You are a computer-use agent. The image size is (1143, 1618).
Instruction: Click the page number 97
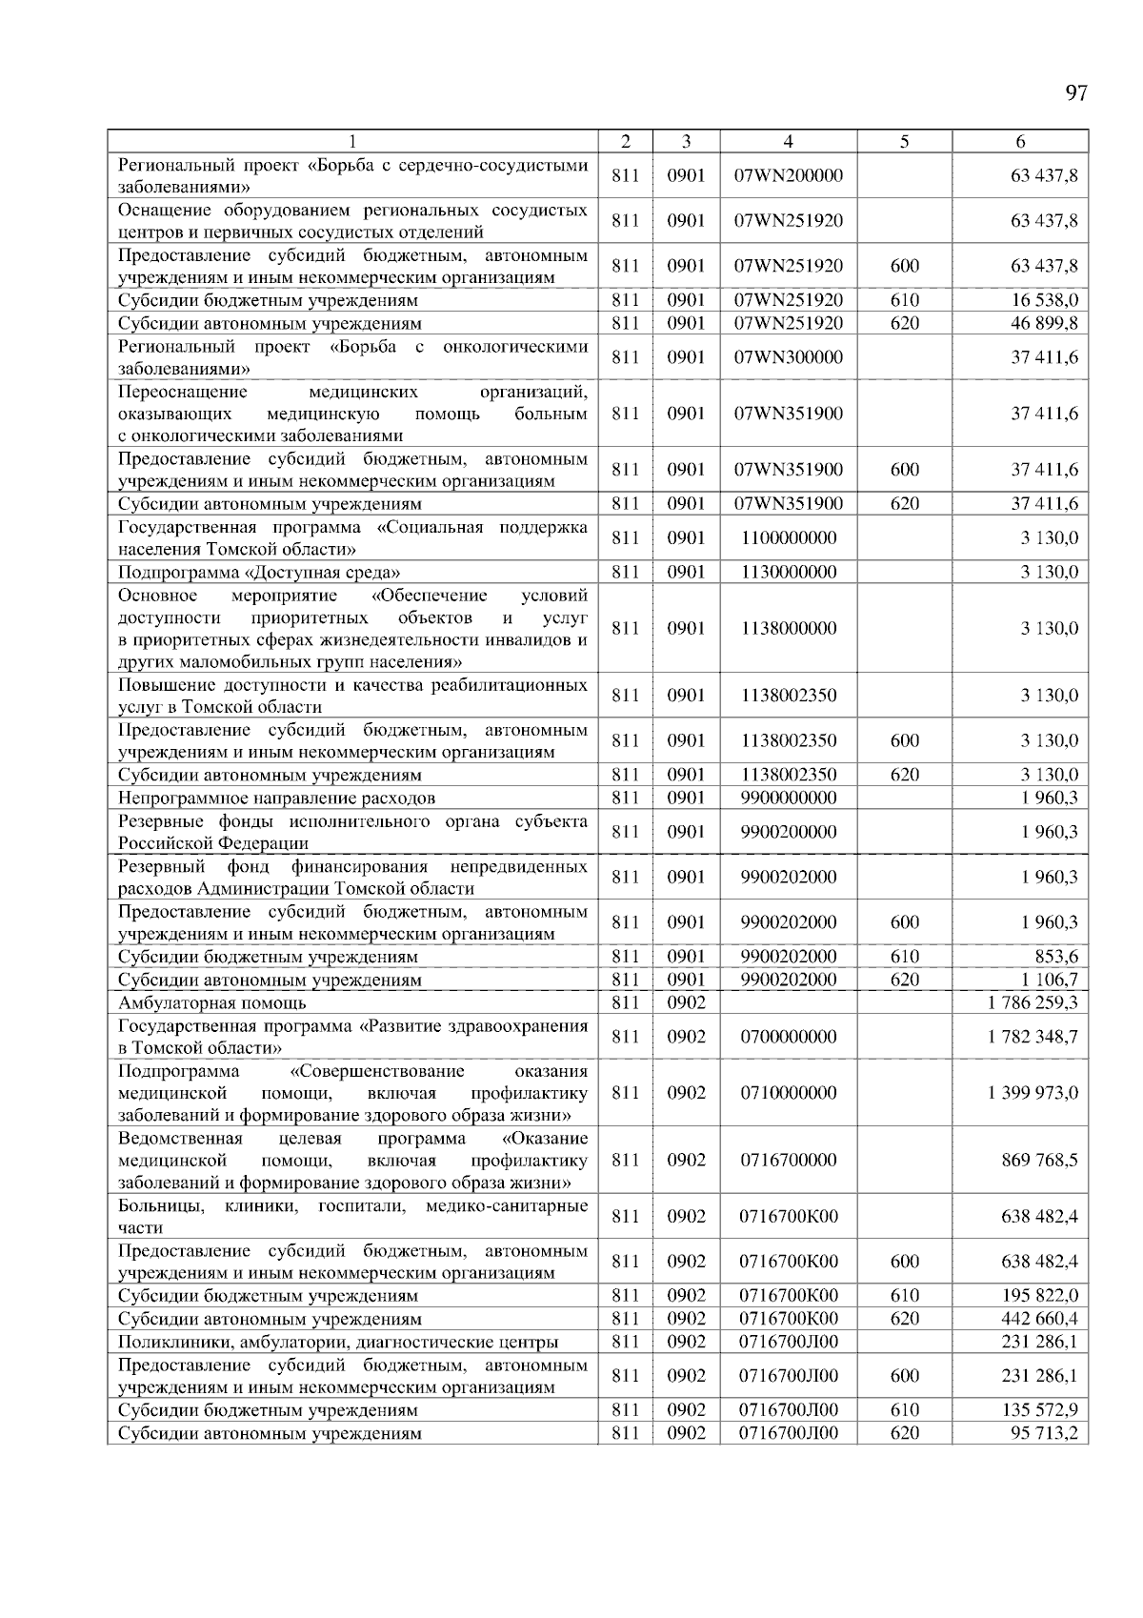click(1075, 93)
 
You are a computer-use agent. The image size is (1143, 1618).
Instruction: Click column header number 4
click(788, 142)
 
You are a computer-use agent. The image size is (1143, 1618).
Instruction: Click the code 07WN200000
click(788, 176)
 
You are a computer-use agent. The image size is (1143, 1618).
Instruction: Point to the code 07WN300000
click(788, 357)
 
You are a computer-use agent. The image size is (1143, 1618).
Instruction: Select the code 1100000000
click(788, 538)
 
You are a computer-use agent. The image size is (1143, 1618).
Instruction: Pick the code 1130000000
click(788, 573)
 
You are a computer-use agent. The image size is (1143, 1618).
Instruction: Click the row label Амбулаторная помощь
click(212, 1002)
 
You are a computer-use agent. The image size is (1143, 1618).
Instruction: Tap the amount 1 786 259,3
click(1033, 1002)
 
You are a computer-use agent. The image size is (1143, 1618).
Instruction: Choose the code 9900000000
click(788, 798)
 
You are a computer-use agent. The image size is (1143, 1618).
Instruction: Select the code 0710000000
click(788, 1093)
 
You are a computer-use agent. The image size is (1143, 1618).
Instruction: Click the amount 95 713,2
click(1044, 1433)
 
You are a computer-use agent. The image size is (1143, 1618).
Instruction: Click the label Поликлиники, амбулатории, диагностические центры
click(338, 1342)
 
